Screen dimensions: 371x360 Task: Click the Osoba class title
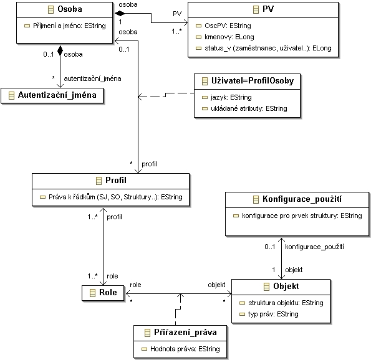70,9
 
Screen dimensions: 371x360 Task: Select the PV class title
268,9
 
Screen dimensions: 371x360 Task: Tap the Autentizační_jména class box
52,95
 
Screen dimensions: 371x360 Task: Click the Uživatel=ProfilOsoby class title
253,81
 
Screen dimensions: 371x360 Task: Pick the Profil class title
116,181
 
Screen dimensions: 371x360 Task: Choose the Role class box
103,293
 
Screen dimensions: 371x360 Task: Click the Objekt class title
286,287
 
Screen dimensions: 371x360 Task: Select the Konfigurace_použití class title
302,199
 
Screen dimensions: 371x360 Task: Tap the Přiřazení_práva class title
185,333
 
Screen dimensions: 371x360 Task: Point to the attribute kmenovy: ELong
229,37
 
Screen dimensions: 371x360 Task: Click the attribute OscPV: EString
228,26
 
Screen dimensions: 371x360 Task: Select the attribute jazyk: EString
231,97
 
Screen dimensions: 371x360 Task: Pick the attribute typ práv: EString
273,314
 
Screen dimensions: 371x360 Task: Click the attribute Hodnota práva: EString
185,349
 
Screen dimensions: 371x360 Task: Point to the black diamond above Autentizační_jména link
60,50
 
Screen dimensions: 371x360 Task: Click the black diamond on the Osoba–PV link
120,13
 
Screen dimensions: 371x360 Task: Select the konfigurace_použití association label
314,247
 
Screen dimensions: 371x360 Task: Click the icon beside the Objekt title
266,287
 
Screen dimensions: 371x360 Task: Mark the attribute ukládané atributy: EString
249,108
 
